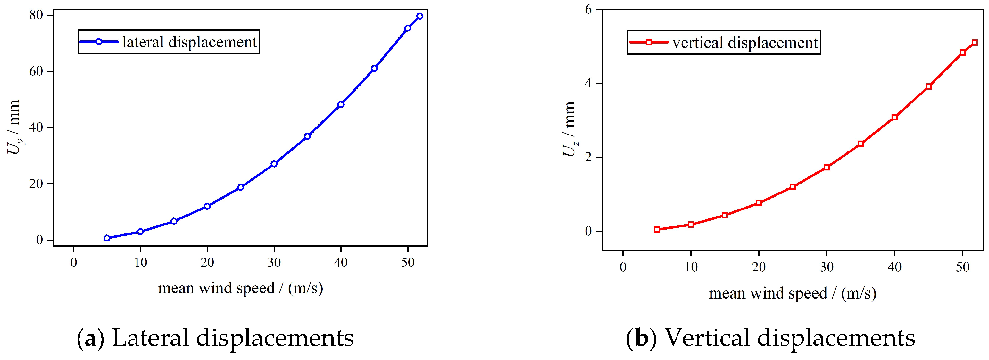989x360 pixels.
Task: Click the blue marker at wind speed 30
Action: pyautogui.click(x=274, y=164)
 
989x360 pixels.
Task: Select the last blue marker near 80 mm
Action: pyautogui.click(x=420, y=16)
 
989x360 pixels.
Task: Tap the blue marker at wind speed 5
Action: pyautogui.click(x=107, y=238)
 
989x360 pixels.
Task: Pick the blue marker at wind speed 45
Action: pyautogui.click(x=374, y=68)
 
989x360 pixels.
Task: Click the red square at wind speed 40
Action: pyautogui.click(x=894, y=117)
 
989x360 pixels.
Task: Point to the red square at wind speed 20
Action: pyautogui.click(x=759, y=203)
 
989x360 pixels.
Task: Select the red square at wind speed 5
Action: pyautogui.click(x=657, y=230)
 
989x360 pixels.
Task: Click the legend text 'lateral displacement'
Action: pyautogui.click(x=190, y=42)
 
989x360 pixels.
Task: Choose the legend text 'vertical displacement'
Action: pyautogui.click(x=745, y=43)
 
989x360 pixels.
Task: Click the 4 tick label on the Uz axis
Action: pyautogui.click(x=588, y=83)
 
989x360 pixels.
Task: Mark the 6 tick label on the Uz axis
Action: pyautogui.click(x=588, y=10)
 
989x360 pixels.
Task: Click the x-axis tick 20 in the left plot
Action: pyautogui.click(x=207, y=263)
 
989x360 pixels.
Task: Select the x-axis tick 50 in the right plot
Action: pyautogui.click(x=962, y=267)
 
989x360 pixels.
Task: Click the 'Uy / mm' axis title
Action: pyautogui.click(x=14, y=127)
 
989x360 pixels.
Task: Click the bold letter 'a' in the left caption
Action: pyautogui.click(x=90, y=339)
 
